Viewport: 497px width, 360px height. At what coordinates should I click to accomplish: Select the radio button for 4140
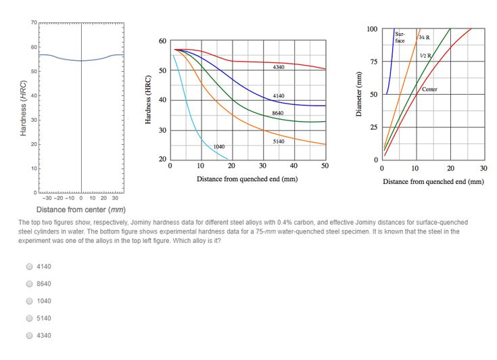[x=30, y=267]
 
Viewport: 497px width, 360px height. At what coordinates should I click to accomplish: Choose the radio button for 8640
[x=30, y=284]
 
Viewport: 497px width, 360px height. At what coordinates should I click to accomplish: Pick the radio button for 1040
[x=30, y=301]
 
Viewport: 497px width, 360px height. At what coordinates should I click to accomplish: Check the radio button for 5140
[x=30, y=318]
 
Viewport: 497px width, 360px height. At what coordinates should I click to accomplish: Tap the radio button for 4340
[x=30, y=336]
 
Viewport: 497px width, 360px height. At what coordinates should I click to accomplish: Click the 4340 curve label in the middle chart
[x=279, y=68]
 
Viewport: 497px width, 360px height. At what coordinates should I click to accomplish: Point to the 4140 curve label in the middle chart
[x=279, y=96]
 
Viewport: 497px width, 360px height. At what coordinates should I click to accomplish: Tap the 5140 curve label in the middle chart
[x=279, y=141]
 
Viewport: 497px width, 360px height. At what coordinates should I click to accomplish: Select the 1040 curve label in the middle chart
[x=219, y=146]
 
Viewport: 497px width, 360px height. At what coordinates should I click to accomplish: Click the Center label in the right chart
[x=429, y=89]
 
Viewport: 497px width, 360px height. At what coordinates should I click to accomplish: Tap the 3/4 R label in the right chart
[x=425, y=37]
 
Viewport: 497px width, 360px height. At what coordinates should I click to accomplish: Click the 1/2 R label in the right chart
[x=425, y=54]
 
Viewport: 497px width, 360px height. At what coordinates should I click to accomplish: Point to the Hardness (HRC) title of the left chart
[x=24, y=108]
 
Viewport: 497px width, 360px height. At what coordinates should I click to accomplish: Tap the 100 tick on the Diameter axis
[x=372, y=30]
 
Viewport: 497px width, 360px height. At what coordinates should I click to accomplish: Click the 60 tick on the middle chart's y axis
[x=162, y=41]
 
